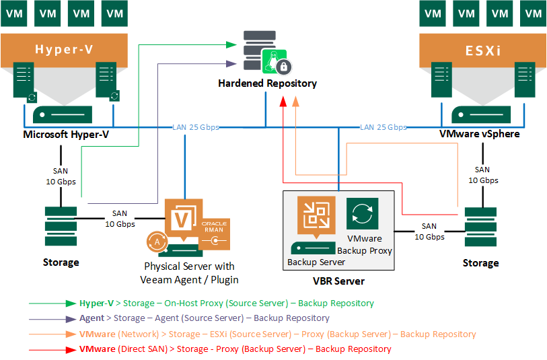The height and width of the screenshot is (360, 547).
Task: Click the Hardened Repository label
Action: [x=267, y=83]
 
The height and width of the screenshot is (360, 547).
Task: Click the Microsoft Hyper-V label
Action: [x=66, y=135]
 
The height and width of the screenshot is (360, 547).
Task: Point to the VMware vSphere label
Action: [x=479, y=135]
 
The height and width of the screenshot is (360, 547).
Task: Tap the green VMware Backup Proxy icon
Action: [x=362, y=214]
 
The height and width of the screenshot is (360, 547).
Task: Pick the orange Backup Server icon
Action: [x=316, y=215]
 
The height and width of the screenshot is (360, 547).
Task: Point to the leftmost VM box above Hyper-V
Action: [x=16, y=12]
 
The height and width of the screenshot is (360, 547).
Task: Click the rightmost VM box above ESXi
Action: [x=533, y=12]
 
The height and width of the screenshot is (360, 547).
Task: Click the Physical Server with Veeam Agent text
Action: [x=190, y=273]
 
